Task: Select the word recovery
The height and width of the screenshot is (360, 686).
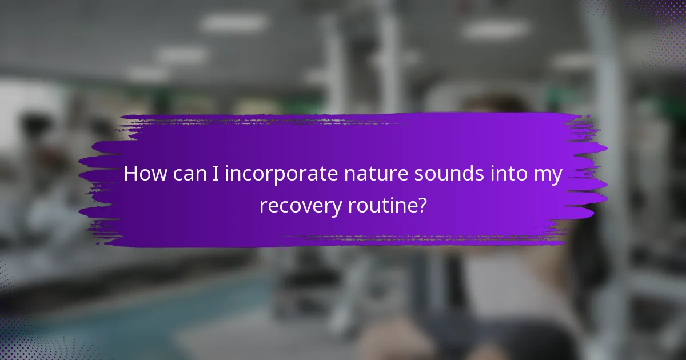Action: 301,205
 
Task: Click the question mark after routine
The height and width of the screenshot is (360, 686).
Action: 422,205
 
